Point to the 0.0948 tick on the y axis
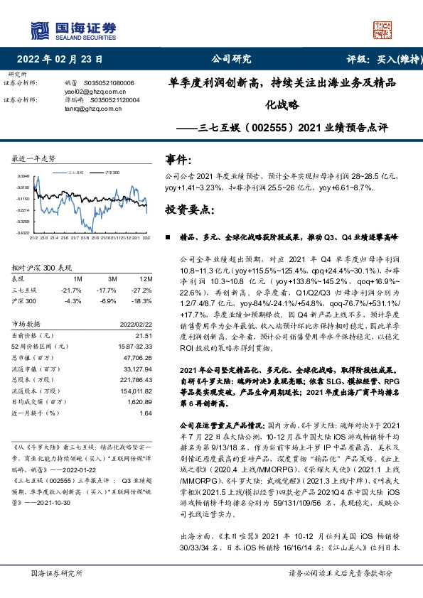point(23,175)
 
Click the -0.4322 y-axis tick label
point(23,232)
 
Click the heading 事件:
point(178,161)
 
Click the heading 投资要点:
point(188,210)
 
